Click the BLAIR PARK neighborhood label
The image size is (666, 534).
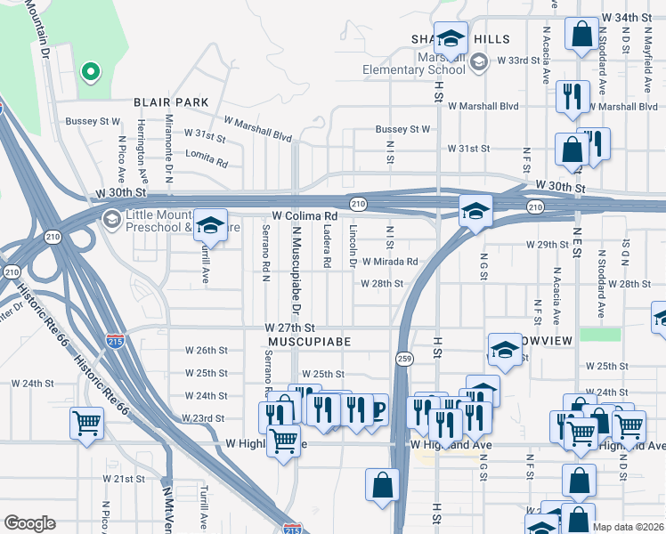coord(171,103)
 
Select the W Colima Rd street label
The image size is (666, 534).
coord(305,216)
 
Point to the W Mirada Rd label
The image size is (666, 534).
coord(388,262)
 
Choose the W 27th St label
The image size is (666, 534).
coord(290,328)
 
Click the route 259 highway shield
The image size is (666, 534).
coord(403,357)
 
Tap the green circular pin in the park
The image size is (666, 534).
coord(88,71)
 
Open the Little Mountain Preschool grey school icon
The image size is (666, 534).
coord(112,219)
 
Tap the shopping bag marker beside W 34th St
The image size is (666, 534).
coord(581,36)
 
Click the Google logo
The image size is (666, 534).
coord(29,523)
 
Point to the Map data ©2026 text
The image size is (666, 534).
coord(628,527)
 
